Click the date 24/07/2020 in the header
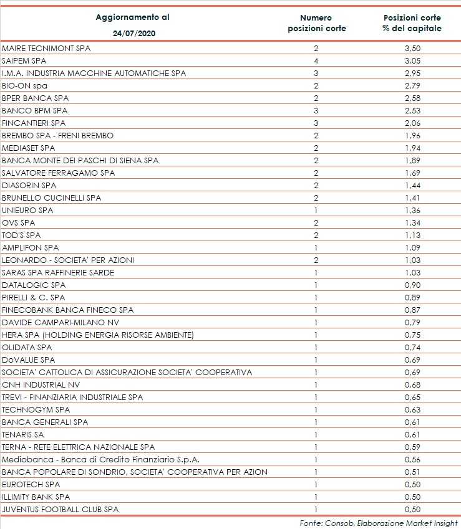point(132,33)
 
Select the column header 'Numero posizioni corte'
point(316,23)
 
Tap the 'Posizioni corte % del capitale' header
point(412,23)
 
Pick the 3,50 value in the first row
point(412,48)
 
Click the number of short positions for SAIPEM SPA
point(316,60)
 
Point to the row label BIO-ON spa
point(24,85)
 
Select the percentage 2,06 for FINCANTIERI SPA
point(412,123)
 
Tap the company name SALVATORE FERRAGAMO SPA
point(59,173)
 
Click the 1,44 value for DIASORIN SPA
point(412,185)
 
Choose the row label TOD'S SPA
point(21,235)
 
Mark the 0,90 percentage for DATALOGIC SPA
point(412,285)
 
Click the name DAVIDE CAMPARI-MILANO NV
point(60,322)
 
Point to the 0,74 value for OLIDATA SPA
point(412,347)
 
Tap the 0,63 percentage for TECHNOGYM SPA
point(412,409)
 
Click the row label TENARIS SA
point(23,434)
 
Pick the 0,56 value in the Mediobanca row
point(412,459)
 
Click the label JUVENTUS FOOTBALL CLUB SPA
point(60,509)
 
